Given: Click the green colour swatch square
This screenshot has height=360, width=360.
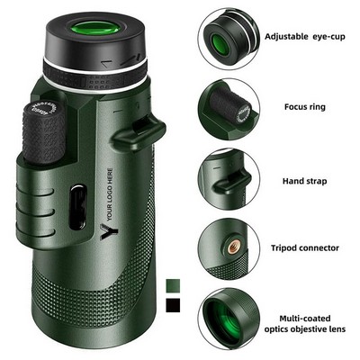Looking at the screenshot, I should (x=173, y=284).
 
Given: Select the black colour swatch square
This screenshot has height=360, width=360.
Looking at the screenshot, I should (x=173, y=305).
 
